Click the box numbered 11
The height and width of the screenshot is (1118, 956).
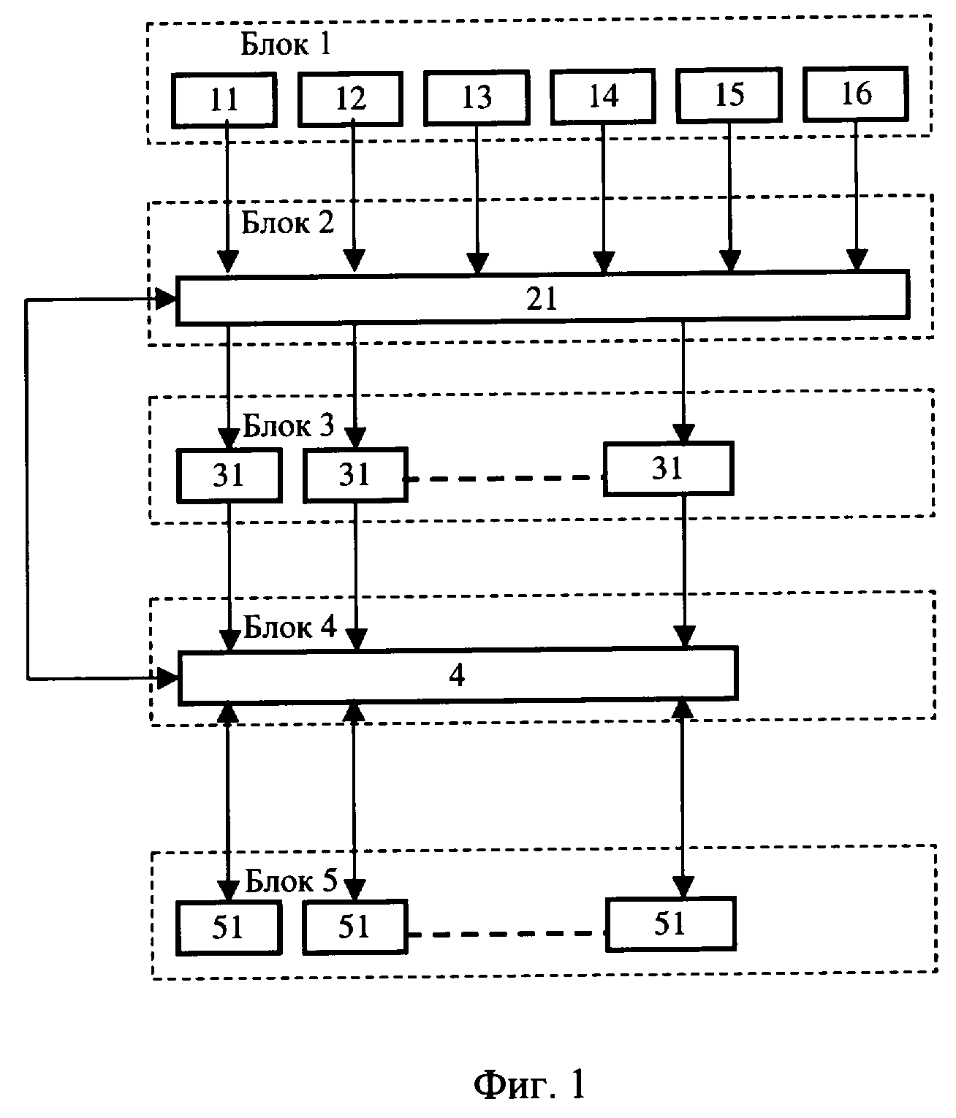pyautogui.click(x=224, y=100)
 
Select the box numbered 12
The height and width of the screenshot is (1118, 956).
pyautogui.click(x=350, y=99)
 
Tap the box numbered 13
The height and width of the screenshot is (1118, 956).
pyautogui.click(x=477, y=96)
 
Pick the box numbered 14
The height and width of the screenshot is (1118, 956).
pyautogui.click(x=603, y=95)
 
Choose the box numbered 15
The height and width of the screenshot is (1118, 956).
pyautogui.click(x=729, y=94)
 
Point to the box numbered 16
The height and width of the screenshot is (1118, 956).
pyautogui.click(x=855, y=94)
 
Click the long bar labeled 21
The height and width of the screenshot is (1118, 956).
pyautogui.click(x=542, y=298)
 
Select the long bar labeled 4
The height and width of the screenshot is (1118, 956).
pyautogui.click(x=458, y=676)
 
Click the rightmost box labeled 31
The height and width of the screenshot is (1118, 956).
pyautogui.click(x=668, y=469)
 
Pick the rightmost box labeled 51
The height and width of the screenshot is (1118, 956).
pyautogui.click(x=669, y=924)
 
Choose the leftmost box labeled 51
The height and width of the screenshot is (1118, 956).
pyautogui.click(x=229, y=928)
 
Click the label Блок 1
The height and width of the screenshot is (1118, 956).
pyautogui.click(x=287, y=46)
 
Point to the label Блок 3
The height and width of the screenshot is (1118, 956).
pyautogui.click(x=288, y=425)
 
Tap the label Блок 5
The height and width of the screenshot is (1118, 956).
pyautogui.click(x=290, y=881)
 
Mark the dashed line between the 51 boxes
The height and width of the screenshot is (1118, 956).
pyautogui.click(x=507, y=934)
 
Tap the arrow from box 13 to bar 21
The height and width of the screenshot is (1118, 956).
pyautogui.click(x=477, y=197)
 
